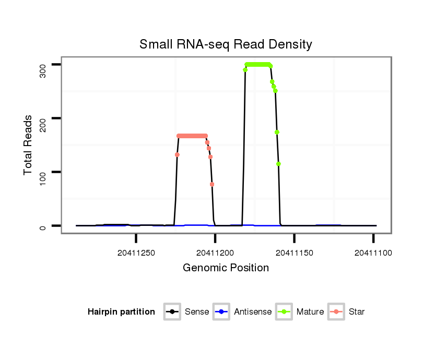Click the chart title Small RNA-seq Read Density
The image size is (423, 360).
[226, 44]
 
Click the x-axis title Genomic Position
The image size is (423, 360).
[226, 268]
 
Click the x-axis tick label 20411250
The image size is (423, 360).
[136, 253]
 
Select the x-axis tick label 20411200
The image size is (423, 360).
[215, 253]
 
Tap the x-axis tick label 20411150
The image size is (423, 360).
[294, 253]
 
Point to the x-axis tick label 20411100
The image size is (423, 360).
[373, 253]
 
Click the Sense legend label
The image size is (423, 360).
[197, 312]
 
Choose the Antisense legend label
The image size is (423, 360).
[253, 312]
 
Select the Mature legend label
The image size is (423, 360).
[310, 312]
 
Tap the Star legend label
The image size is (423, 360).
[357, 312]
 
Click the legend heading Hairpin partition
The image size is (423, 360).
[121, 312]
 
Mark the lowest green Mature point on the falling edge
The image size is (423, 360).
[279, 164]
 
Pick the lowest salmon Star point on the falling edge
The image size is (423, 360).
[212, 184]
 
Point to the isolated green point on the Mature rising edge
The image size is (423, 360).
[245, 70]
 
